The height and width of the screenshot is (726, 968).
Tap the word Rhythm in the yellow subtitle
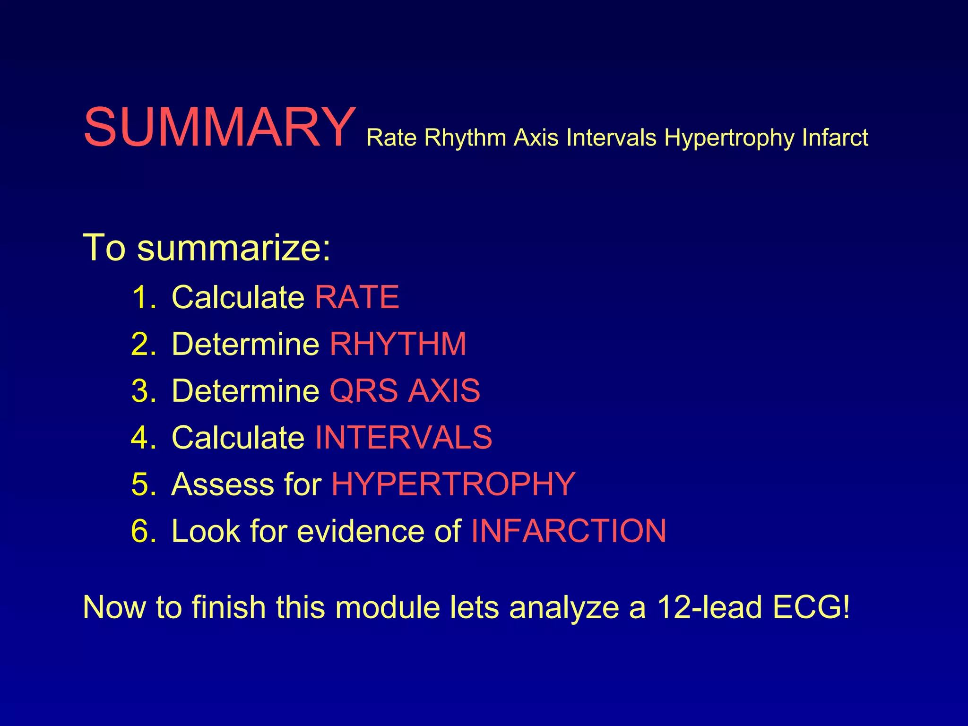pyautogui.click(x=465, y=138)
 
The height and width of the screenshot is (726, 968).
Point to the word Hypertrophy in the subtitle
pyautogui.click(x=729, y=138)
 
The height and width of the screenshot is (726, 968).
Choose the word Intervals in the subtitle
pyautogui.click(x=611, y=138)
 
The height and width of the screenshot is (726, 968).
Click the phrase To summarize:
pyautogui.click(x=207, y=247)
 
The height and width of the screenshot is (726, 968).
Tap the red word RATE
pyautogui.click(x=357, y=297)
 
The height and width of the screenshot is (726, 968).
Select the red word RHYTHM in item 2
pyautogui.click(x=398, y=344)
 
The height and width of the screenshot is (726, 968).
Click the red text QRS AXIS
pyautogui.click(x=405, y=390)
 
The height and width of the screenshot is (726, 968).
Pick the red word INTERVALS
pyautogui.click(x=403, y=437)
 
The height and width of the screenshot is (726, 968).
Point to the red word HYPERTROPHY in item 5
pyautogui.click(x=453, y=484)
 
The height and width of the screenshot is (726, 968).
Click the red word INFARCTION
pyautogui.click(x=569, y=531)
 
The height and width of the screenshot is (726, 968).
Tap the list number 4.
pyautogui.click(x=142, y=437)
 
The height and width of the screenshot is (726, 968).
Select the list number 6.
pyautogui.click(x=142, y=531)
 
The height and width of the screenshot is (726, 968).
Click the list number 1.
pyautogui.click(x=142, y=297)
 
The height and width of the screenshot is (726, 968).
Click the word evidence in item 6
pyautogui.click(x=361, y=531)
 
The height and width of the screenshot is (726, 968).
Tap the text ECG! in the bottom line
pyautogui.click(x=811, y=607)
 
